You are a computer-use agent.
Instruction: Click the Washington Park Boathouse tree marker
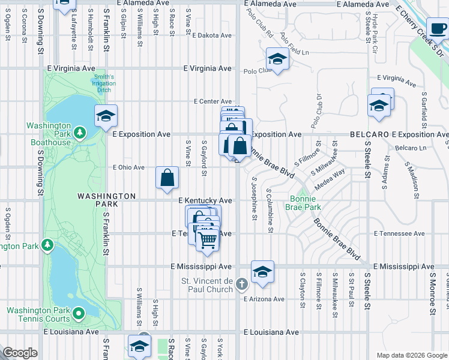point(79,131)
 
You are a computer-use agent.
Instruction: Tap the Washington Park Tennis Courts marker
point(79,313)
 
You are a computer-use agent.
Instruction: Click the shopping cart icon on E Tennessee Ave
point(208,239)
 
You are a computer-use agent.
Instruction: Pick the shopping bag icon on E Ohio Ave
point(167,178)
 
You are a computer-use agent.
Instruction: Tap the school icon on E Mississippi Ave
point(262,272)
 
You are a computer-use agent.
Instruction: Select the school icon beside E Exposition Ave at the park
point(106,116)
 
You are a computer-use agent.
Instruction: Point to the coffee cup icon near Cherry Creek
point(438,29)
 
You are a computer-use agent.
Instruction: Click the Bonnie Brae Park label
point(306,203)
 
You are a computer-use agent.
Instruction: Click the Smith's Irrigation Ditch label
point(103,81)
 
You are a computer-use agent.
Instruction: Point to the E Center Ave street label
point(212,101)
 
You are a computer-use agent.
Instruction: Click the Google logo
point(20,353)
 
